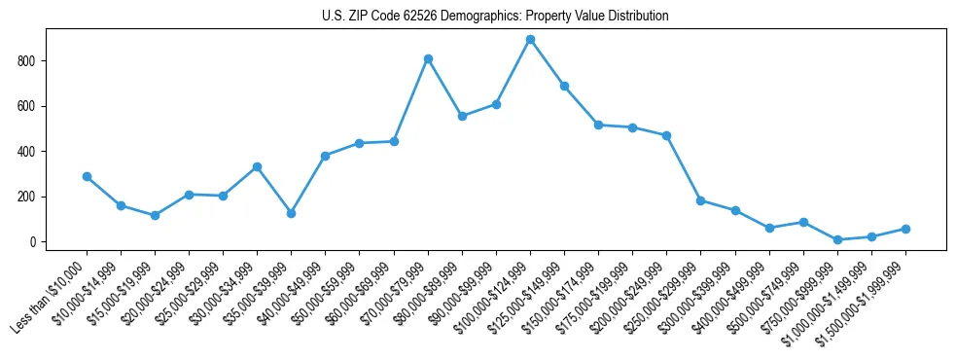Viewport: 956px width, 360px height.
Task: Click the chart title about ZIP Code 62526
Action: tap(495, 17)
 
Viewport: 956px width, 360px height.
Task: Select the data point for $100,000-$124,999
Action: tap(530, 40)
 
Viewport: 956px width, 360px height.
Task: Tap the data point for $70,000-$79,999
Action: tap(428, 59)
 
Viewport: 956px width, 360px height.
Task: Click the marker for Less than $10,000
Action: tap(87, 177)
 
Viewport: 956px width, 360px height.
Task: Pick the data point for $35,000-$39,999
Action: tap(291, 213)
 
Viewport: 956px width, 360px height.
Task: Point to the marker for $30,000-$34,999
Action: tap(257, 167)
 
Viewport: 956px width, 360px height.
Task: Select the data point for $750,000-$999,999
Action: tap(837, 239)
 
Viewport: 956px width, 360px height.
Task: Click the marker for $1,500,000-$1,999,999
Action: tap(905, 229)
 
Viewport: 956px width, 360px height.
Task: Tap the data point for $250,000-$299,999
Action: tap(700, 200)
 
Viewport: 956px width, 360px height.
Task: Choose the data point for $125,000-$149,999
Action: tap(564, 87)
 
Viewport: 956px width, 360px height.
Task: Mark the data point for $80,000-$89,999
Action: tap(462, 116)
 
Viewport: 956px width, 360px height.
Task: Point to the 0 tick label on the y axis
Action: tap(34, 242)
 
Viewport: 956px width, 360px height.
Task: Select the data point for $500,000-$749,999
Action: tap(803, 223)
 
